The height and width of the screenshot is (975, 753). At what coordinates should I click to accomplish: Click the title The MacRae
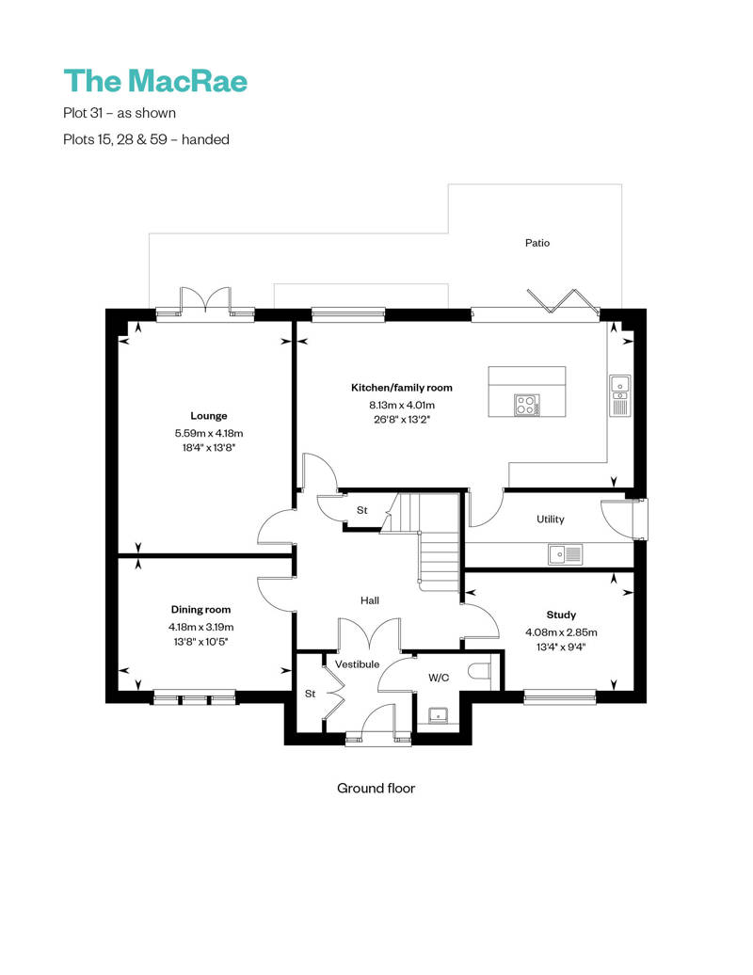tap(155, 81)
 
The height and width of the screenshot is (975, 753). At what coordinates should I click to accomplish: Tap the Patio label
tap(537, 243)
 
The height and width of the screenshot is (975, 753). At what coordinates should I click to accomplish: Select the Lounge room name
tap(209, 416)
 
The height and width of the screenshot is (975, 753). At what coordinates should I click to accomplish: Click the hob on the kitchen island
tap(527, 406)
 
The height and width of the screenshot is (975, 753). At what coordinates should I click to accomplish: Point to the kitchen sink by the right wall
tap(620, 395)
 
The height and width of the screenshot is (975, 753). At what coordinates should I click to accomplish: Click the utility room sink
tap(565, 553)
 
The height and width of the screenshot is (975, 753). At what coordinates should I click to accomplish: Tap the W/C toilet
tap(479, 672)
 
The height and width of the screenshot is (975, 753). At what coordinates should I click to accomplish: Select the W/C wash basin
tap(439, 715)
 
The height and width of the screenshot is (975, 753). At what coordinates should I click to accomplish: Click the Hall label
tap(369, 600)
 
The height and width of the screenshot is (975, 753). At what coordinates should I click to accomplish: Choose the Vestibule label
tap(357, 664)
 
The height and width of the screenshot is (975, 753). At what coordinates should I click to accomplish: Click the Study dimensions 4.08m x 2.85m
tap(561, 632)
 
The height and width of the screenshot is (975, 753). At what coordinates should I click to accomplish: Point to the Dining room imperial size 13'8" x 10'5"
tap(200, 642)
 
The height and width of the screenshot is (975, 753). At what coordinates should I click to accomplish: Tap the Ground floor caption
tap(376, 789)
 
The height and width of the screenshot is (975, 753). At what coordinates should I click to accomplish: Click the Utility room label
tap(551, 519)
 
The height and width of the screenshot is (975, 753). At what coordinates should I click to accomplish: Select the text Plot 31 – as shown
tap(120, 113)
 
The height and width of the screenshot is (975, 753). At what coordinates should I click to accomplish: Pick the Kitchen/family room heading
tap(402, 388)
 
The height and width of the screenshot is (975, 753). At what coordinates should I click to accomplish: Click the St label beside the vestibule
tap(311, 694)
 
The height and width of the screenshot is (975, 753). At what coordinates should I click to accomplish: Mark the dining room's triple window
tap(195, 697)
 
